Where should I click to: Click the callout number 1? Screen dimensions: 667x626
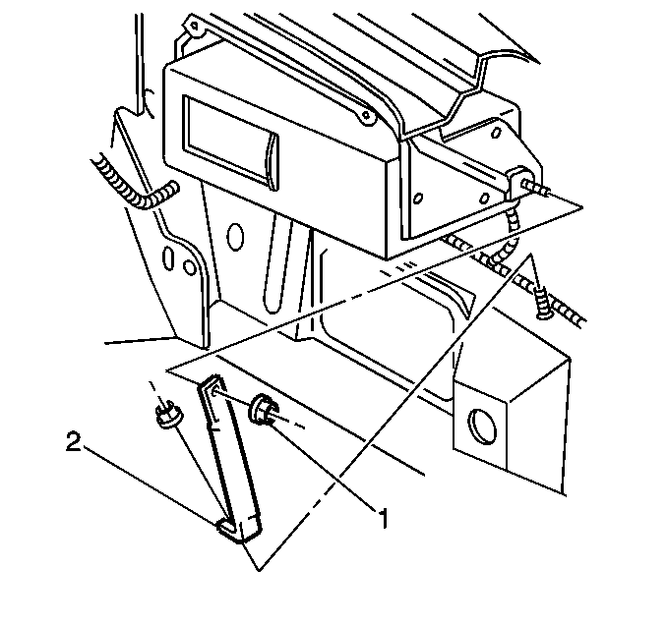[x=384, y=518]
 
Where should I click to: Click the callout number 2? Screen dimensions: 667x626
[x=73, y=441]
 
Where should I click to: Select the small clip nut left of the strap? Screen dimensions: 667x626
[x=168, y=416]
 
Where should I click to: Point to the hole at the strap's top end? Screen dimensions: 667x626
[x=216, y=392]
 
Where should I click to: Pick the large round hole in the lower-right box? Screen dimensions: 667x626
[x=482, y=427]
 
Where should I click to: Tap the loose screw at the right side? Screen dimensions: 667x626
[x=540, y=302]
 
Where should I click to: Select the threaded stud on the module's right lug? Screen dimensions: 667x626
[x=537, y=187]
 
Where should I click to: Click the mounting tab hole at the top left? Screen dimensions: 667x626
[x=195, y=26]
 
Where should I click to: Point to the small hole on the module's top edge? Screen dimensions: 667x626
[x=365, y=115]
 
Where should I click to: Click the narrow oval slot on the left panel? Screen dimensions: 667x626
[x=169, y=257]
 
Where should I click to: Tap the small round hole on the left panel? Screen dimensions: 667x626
[x=189, y=266]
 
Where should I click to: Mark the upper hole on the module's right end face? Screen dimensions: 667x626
[x=496, y=133]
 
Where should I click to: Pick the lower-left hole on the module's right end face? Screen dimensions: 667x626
[x=418, y=199]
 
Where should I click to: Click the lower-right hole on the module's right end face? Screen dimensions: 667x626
[x=485, y=199]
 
